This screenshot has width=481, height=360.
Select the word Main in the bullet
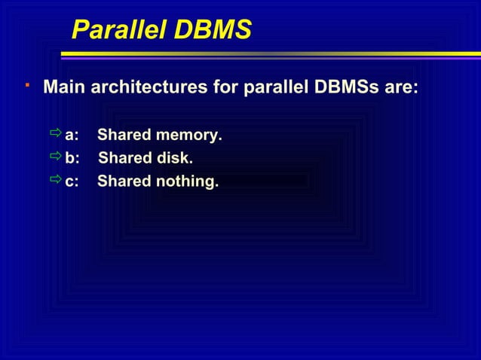point(64,88)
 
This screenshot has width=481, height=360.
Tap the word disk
point(175,159)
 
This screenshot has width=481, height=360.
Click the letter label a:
point(73,136)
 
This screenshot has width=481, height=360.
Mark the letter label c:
point(73,182)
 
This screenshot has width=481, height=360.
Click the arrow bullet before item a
point(55,135)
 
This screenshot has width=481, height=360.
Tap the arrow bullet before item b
point(55,157)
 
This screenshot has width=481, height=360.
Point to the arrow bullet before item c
point(55,180)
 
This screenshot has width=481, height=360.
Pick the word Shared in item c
point(123,182)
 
